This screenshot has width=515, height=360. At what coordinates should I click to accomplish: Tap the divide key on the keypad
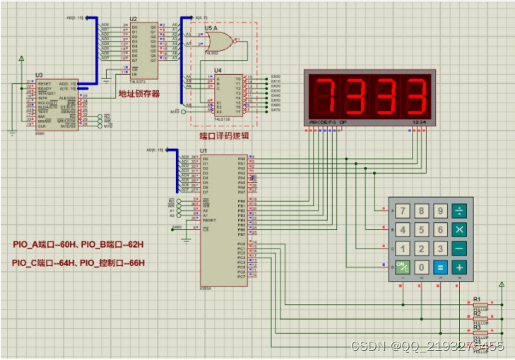pos(459,211)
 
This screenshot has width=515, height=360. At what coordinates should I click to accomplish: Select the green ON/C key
pos(403,267)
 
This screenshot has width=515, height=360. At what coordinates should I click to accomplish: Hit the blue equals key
pos(440,267)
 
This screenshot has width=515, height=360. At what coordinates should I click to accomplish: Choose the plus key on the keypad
pos(459,267)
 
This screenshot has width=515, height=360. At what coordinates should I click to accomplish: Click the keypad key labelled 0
pos(422,267)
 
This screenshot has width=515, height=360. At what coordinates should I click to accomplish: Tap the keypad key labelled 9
pos(440,211)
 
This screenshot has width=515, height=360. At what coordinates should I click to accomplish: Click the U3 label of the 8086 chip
pos(39,75)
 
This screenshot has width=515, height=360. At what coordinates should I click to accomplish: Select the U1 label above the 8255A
pos(204,151)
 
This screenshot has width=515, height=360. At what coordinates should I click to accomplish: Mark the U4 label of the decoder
pos(218,70)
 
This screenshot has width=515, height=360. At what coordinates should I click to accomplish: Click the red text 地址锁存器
pos(139,93)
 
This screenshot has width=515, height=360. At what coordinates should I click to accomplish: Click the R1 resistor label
pos(477,299)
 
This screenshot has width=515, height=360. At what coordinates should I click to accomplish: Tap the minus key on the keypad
pos(459,248)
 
